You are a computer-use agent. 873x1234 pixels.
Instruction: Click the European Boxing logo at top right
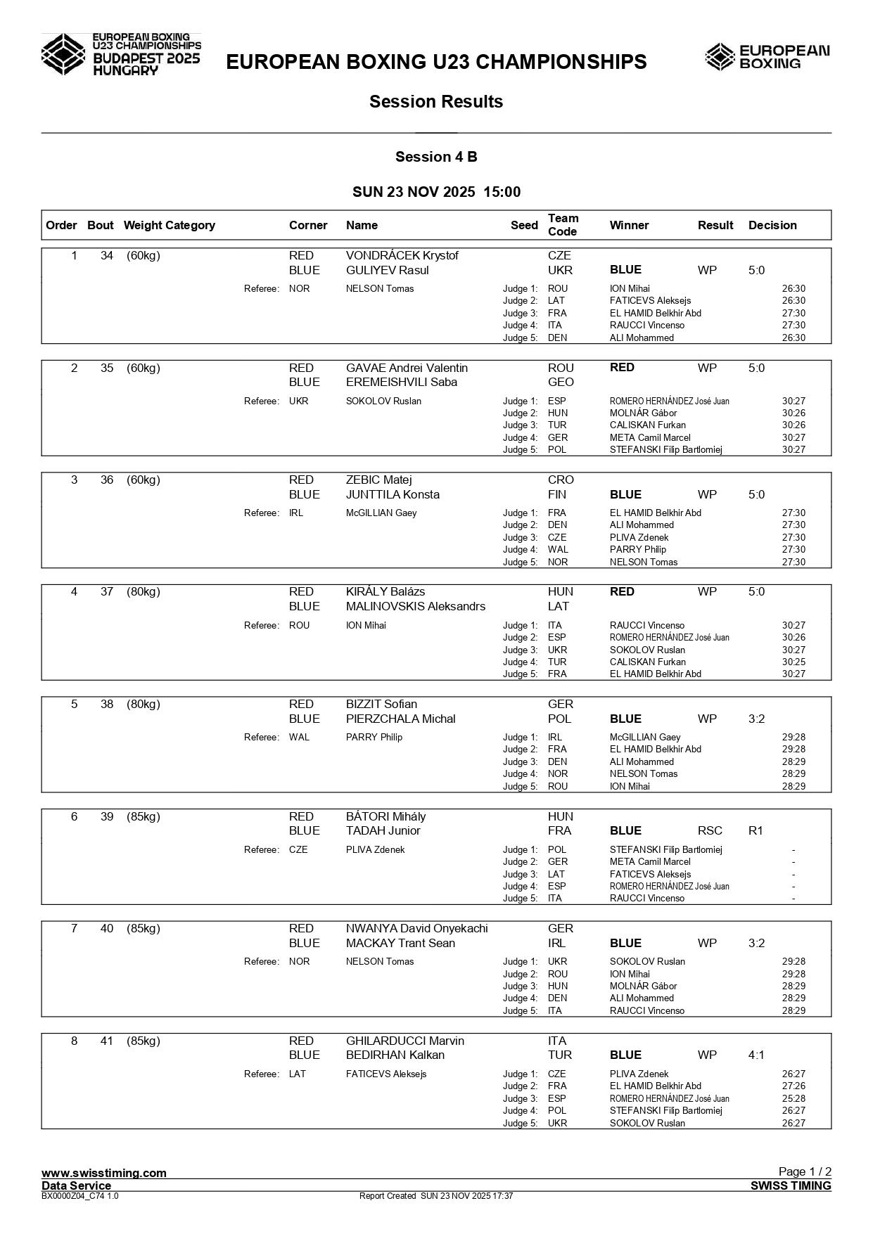[x=767, y=57]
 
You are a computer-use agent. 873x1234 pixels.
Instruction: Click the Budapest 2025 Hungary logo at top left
[x=121, y=54]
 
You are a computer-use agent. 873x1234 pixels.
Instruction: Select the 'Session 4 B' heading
[x=436, y=157]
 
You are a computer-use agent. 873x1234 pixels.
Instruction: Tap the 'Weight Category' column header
[x=169, y=226]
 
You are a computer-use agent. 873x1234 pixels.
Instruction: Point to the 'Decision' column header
[x=772, y=226]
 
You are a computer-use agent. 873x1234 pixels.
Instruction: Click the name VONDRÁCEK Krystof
[x=402, y=256]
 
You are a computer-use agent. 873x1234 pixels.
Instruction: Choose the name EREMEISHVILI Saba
[x=401, y=383]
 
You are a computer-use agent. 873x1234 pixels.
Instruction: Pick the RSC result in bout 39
[x=710, y=831]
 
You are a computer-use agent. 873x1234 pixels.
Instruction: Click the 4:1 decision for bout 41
[x=756, y=1055]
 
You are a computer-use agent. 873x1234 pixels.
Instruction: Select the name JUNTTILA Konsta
[x=393, y=495]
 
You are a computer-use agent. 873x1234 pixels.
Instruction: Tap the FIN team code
[x=557, y=495]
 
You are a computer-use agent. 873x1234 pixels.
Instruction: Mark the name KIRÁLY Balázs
[x=385, y=592]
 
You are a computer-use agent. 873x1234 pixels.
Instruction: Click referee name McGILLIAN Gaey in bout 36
[x=381, y=513]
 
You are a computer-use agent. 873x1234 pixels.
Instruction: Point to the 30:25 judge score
[x=794, y=662]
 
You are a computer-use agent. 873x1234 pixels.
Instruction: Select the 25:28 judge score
[x=794, y=1099]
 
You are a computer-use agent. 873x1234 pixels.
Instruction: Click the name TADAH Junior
[x=383, y=831]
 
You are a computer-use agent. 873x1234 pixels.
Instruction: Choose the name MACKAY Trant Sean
[x=400, y=944]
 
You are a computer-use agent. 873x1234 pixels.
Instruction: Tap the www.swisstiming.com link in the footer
[x=104, y=1173]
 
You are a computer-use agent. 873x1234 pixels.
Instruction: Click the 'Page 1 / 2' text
[x=805, y=1171]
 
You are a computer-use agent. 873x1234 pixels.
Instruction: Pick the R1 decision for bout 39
[x=756, y=831]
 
